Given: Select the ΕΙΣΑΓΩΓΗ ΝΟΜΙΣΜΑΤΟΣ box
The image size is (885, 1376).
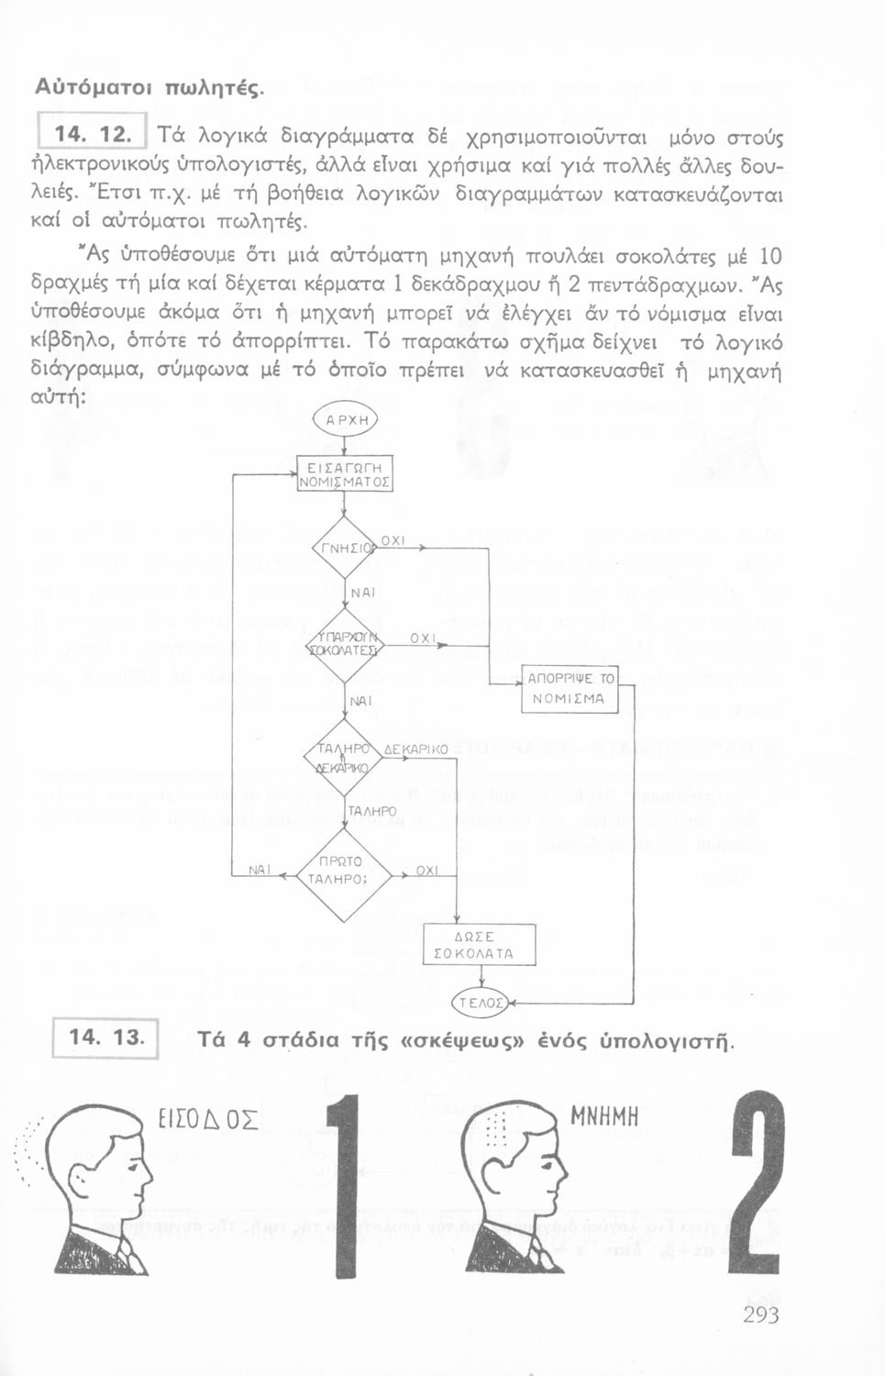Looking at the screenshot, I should [x=344, y=474].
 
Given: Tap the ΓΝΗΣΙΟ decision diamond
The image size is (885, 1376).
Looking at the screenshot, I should [x=343, y=549].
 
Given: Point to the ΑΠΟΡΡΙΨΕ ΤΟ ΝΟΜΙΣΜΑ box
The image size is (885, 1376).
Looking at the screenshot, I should [x=570, y=688].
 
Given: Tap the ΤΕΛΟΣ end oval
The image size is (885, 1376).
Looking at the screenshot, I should [x=480, y=1004].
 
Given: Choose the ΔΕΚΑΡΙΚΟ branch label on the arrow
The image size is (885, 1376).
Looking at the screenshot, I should [x=416, y=749].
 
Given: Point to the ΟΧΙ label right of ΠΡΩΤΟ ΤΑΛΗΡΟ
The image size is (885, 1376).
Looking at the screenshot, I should [x=426, y=870].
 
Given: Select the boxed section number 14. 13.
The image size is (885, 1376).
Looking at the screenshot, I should [x=105, y=1038].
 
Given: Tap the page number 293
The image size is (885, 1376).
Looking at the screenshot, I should [x=761, y=1315].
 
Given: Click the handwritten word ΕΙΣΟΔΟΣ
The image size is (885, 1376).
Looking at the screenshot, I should [x=208, y=1120].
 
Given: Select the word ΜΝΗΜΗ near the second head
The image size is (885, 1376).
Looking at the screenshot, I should [x=604, y=1116].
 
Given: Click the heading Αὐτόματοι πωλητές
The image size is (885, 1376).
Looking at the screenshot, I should [x=149, y=88].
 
